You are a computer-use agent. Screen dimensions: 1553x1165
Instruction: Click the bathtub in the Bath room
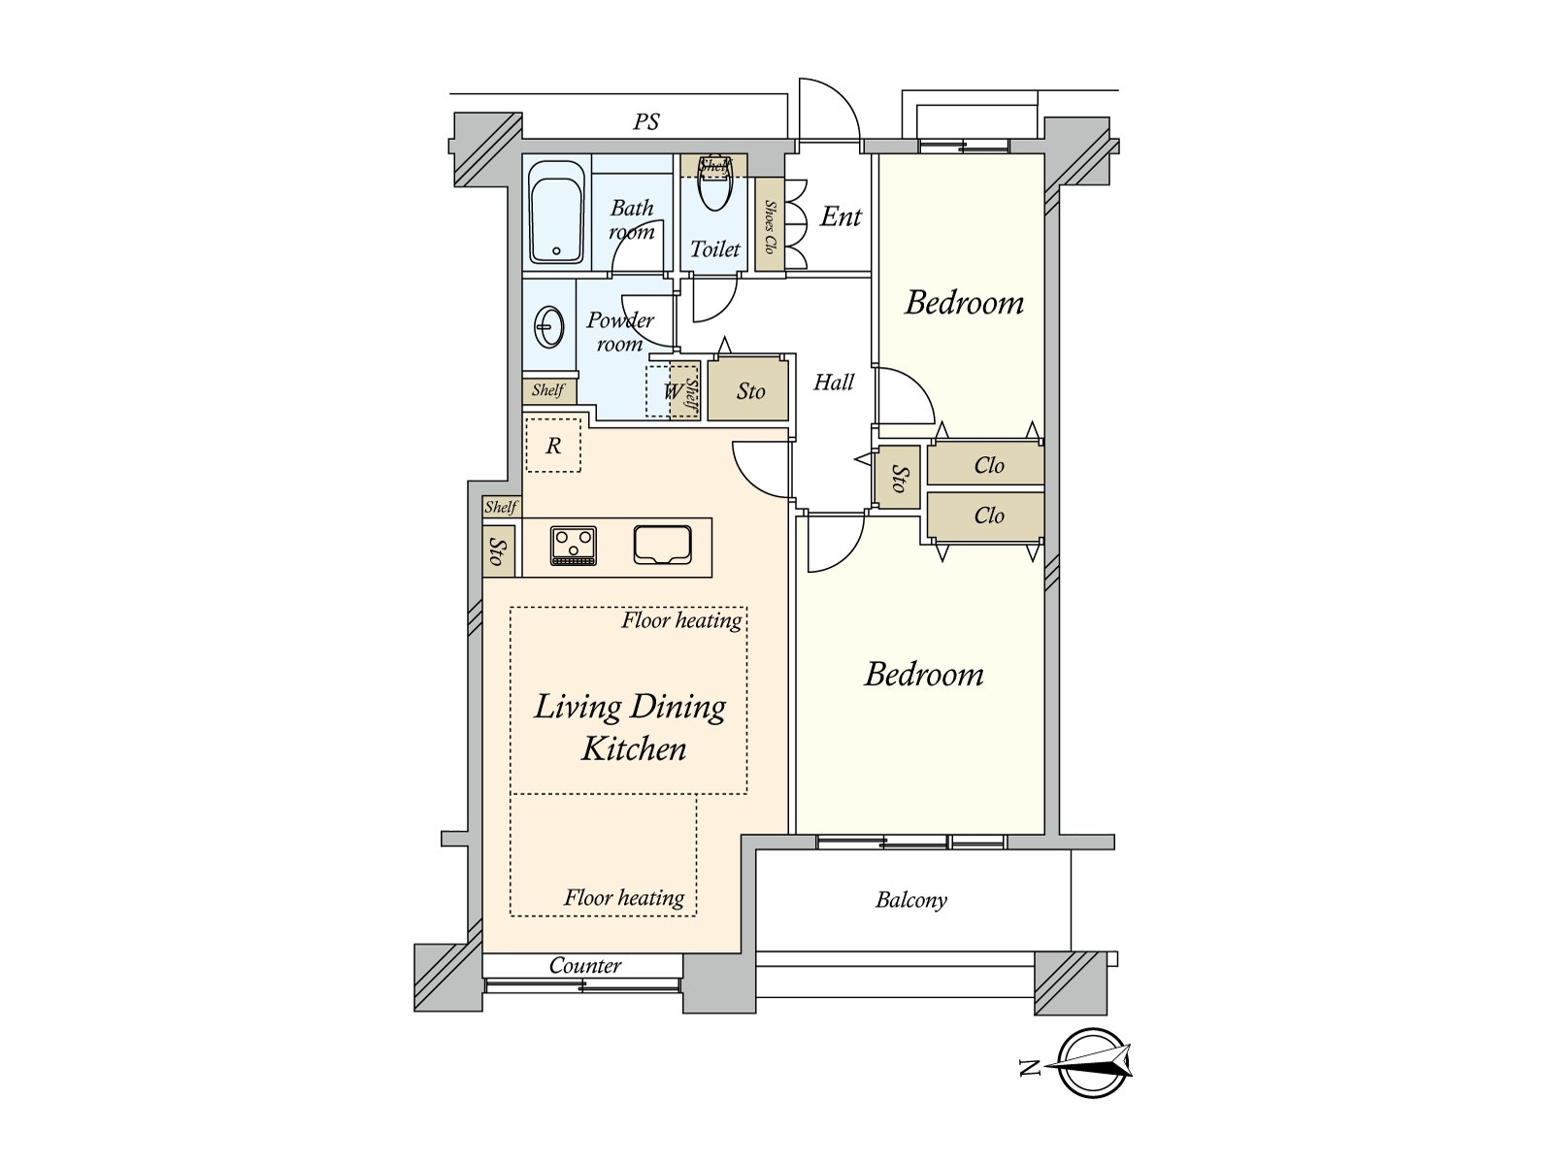(x=556, y=212)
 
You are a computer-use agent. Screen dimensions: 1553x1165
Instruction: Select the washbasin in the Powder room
(x=548, y=327)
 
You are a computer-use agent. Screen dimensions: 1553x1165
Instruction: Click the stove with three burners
(x=573, y=547)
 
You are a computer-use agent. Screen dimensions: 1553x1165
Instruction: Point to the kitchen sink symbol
(x=662, y=545)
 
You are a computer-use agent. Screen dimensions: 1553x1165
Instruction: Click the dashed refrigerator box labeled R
(x=553, y=445)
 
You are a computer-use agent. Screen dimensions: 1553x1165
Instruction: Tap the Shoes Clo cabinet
(x=769, y=224)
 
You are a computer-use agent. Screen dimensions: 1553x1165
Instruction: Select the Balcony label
(x=910, y=900)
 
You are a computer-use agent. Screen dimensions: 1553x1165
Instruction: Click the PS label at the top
(x=645, y=122)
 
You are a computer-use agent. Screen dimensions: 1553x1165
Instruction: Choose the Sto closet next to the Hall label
(x=747, y=390)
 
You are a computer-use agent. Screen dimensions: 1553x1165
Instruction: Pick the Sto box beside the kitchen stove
(x=498, y=550)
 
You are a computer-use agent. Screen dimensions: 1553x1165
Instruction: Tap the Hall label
(x=834, y=383)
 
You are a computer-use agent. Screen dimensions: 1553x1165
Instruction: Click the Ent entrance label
(x=841, y=216)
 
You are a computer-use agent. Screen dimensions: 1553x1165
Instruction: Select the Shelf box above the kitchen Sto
(x=502, y=507)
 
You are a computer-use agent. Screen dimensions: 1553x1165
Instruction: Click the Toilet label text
(x=714, y=249)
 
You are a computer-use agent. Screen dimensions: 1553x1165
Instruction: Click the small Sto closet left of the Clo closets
(x=899, y=478)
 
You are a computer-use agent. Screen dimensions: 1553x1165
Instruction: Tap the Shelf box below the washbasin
(x=549, y=390)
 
